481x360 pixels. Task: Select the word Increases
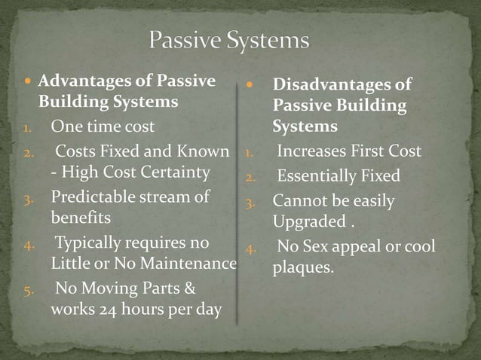click(x=310, y=152)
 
